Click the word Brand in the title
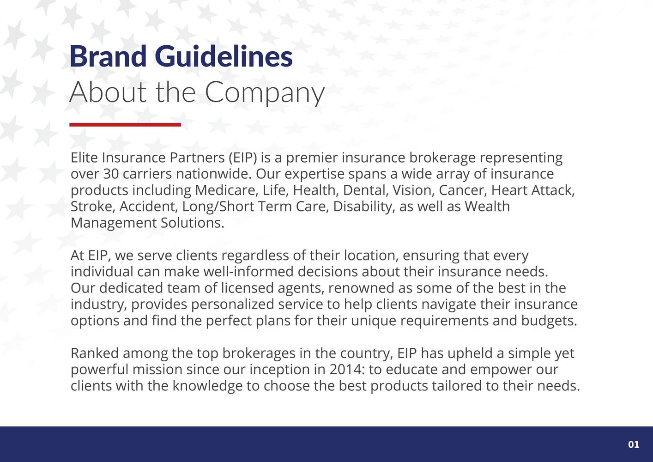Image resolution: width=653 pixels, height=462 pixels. point(108,56)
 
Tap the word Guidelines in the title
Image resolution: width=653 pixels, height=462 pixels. point(224,56)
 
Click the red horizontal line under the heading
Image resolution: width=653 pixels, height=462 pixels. point(125,125)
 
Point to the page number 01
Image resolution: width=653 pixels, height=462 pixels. point(634,444)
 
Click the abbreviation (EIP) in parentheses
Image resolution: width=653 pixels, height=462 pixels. point(243,158)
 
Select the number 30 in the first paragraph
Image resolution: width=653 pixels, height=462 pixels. point(111,174)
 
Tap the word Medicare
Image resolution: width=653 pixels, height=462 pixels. point(227,190)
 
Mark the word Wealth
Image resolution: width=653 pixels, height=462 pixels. point(487,207)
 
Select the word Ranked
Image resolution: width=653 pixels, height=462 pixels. point(95,353)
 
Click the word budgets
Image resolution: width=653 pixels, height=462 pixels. point(549,321)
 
